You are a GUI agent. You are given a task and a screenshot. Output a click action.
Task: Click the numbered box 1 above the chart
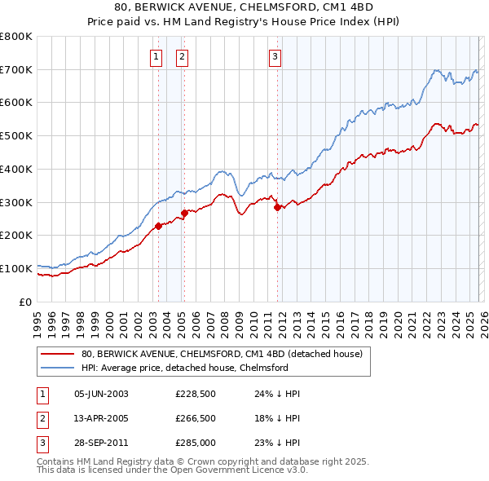[x=156, y=56]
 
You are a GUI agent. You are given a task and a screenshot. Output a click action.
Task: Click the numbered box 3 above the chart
[x=275, y=56]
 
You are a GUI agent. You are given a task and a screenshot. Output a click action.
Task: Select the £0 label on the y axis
[x=26, y=302]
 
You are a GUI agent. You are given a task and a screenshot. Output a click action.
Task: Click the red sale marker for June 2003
[x=158, y=226]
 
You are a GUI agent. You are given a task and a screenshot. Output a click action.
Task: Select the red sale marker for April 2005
[x=184, y=214]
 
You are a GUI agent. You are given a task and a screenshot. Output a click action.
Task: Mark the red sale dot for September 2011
[x=277, y=207]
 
